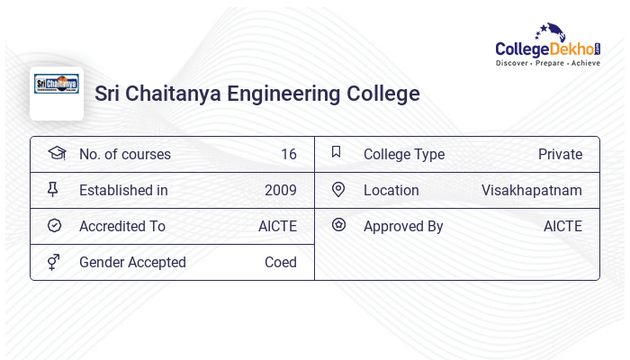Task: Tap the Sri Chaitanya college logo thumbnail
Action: tap(57, 93)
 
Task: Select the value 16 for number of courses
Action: tap(288, 154)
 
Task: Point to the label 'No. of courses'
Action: tap(124, 154)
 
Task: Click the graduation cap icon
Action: tap(56, 153)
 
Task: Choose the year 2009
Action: tap(280, 190)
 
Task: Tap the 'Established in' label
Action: tap(123, 190)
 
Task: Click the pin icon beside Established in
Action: tap(53, 189)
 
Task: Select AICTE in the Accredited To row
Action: tap(277, 226)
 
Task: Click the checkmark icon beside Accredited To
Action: tap(54, 225)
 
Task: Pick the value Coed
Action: tap(280, 262)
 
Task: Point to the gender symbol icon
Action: tap(54, 262)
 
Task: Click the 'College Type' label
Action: tap(403, 154)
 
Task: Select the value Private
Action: tap(560, 154)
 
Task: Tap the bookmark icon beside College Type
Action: tap(336, 152)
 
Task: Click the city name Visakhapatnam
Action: tap(531, 190)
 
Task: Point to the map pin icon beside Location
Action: tap(337, 189)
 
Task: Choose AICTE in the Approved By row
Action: tap(562, 226)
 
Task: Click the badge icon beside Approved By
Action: tap(338, 225)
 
